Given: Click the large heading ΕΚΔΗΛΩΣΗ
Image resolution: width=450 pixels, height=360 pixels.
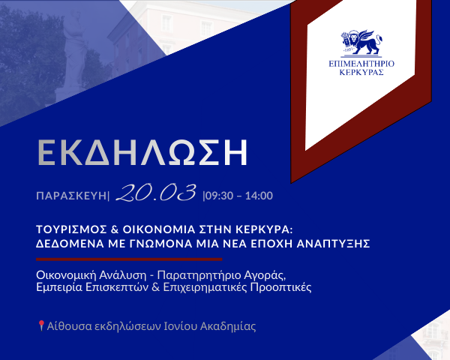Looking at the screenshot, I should pyautogui.click(x=142, y=151).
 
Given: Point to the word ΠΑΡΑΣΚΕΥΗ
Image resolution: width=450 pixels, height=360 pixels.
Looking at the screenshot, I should pyautogui.click(x=72, y=196).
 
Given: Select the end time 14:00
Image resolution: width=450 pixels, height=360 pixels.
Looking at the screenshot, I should pyautogui.click(x=259, y=196).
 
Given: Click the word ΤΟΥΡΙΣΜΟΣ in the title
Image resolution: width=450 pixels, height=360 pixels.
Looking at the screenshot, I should pyautogui.click(x=73, y=229).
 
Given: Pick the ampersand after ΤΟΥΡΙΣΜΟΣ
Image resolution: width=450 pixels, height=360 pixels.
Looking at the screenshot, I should pyautogui.click(x=117, y=229).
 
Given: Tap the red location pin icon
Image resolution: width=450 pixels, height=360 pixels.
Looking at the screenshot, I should pyautogui.click(x=40, y=325).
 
